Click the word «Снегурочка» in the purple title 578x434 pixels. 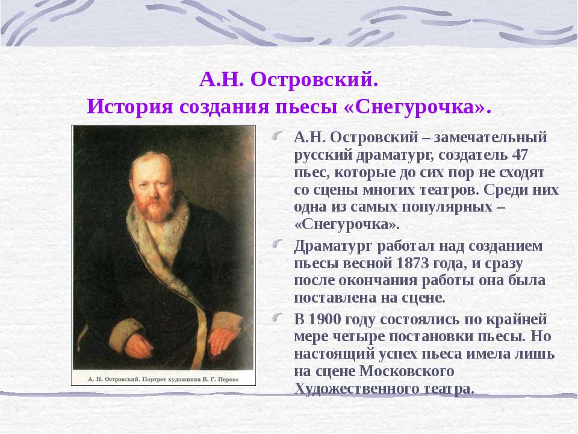point(415,107)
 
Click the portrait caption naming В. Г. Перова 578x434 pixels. point(163,380)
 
